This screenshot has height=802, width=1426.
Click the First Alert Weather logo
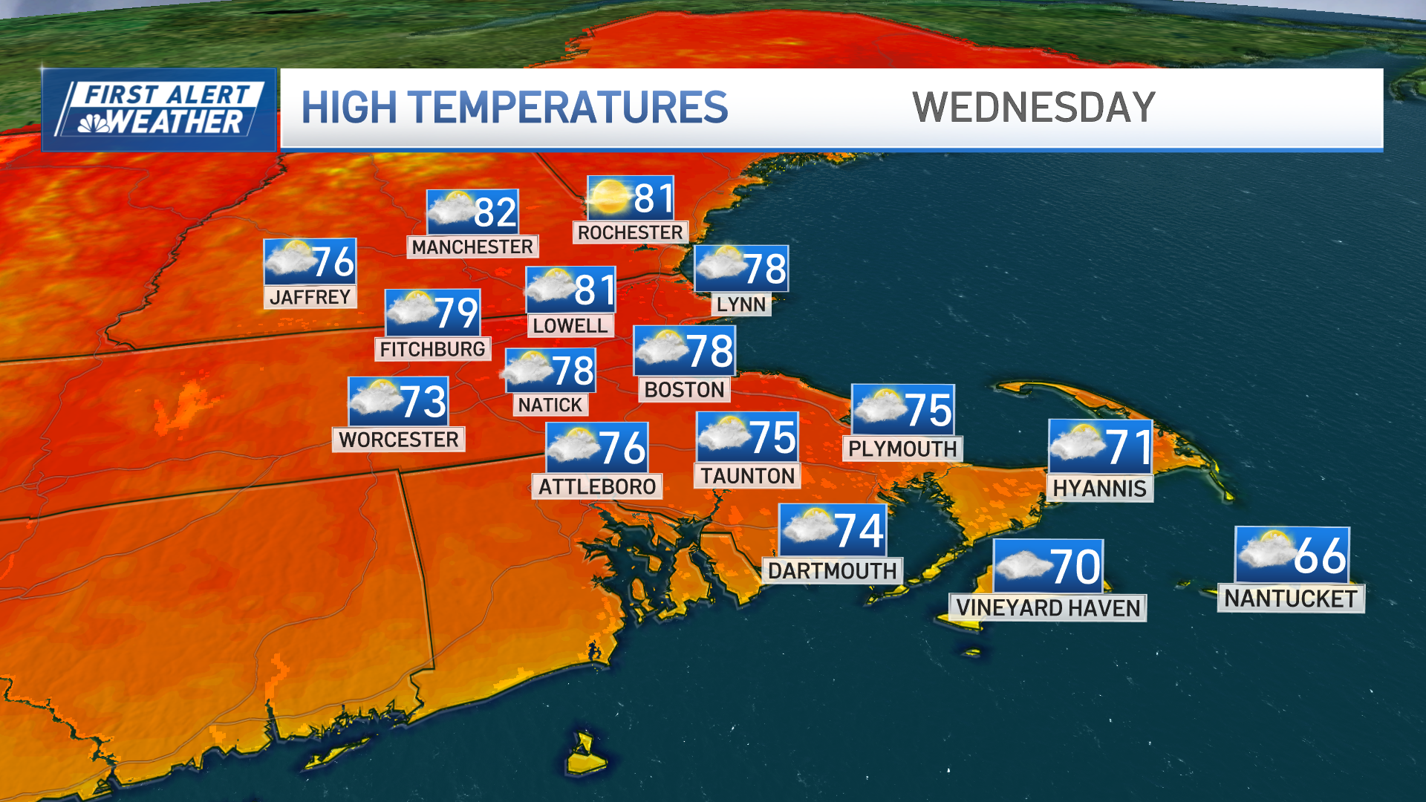point(160,110)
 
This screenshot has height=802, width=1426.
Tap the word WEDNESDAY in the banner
point(1033,108)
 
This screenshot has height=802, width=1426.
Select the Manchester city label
point(472,247)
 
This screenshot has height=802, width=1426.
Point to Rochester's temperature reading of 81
point(654,198)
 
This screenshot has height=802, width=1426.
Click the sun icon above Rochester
point(610,197)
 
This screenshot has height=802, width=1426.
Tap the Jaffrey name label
point(310,297)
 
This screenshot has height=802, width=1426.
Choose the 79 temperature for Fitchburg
point(456,313)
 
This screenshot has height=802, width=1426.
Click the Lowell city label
point(570,325)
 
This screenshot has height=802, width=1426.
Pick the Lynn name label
point(740,304)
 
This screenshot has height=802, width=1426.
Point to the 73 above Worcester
point(423,402)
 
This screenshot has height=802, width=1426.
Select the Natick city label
point(550,405)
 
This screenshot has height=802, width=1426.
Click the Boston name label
point(684,390)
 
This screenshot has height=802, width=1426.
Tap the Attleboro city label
point(597,486)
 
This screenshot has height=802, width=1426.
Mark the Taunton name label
point(747,476)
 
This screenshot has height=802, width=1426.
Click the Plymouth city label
point(902,449)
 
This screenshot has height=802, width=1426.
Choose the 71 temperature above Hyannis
point(1127,447)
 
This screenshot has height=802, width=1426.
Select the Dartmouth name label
point(832,570)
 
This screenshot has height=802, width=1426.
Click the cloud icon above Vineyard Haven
point(1022,567)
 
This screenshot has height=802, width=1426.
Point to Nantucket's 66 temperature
point(1319,555)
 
